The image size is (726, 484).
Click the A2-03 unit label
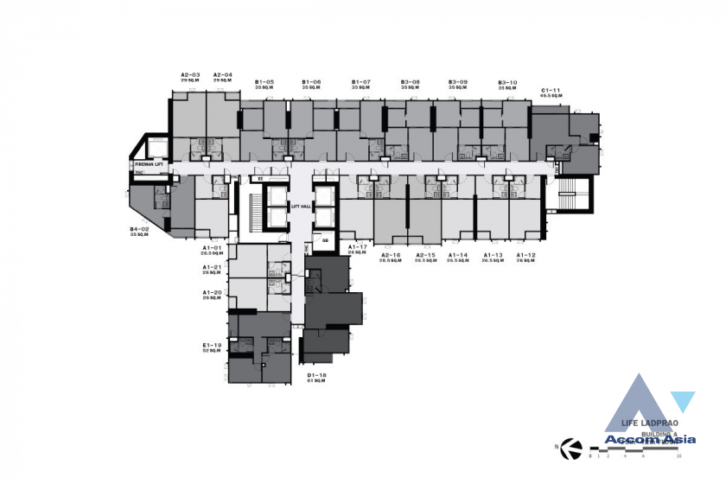190,75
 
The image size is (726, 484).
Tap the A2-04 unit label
222,75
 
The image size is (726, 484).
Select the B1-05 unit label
264,82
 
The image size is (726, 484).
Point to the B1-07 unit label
360,82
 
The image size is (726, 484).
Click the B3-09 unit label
458,82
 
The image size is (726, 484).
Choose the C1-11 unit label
551,90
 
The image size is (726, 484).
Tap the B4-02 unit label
140,229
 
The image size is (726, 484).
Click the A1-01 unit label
213,247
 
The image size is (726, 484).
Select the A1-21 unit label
213,268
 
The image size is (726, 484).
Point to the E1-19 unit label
213,346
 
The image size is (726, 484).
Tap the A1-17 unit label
358,247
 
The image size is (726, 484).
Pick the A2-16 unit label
392,255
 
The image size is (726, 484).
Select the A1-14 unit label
457,255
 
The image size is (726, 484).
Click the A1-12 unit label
526,255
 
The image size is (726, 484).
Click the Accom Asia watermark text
640,440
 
